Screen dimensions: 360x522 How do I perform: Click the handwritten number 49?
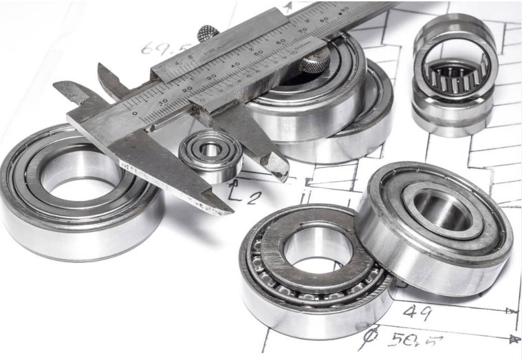(417, 312)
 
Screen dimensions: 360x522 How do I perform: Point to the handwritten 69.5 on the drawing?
(157, 47)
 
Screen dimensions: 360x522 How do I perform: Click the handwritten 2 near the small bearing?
(254, 197)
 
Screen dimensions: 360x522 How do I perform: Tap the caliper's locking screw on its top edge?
(206, 33)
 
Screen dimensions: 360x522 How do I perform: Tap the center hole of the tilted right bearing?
(441, 209)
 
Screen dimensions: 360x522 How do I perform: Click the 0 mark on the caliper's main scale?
(135, 114)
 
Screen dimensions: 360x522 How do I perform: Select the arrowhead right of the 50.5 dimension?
(512, 339)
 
